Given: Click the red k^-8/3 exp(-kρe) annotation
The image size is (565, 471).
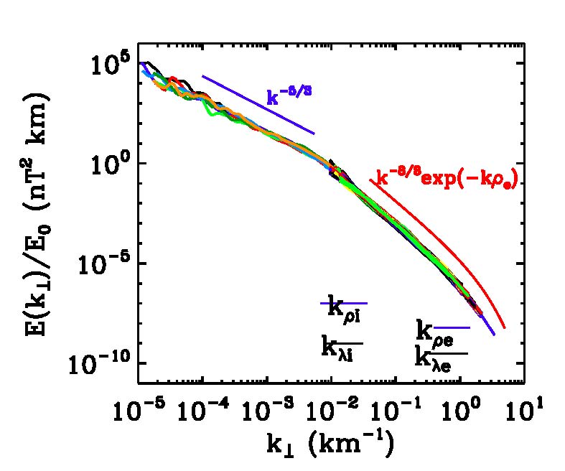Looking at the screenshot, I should tap(447, 179).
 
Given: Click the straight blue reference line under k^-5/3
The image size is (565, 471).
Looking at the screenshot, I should tap(258, 105).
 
